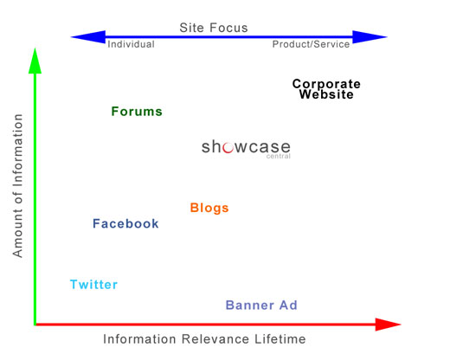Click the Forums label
tap(137, 112)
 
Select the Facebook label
tap(125, 223)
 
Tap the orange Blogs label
tap(209, 208)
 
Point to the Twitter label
tap(93, 285)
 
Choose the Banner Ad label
tap(261, 305)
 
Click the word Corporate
tap(326, 84)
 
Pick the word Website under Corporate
tap(326, 94)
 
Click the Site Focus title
tap(214, 28)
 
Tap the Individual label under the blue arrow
tap(131, 44)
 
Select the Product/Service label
tap(311, 44)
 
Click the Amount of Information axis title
tap(17, 185)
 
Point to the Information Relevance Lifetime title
tap(204, 339)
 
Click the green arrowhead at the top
tap(35, 62)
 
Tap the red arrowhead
tap(388, 325)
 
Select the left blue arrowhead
tap(89, 37)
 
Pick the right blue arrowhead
tap(370, 37)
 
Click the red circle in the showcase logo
tap(228, 147)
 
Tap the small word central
tap(279, 157)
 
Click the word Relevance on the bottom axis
tap(215, 339)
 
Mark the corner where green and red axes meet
tap(35, 325)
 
